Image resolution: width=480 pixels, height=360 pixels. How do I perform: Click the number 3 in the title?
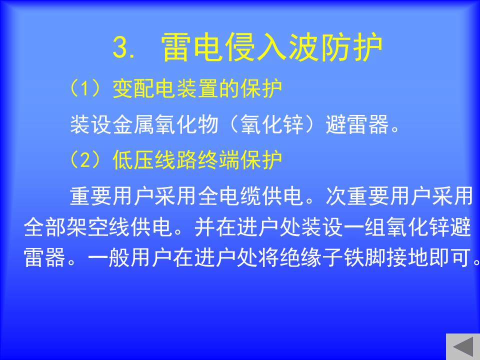pyautogui.click(x=121, y=47)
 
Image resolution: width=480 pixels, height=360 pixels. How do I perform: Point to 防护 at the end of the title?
pyautogui.click(x=351, y=47)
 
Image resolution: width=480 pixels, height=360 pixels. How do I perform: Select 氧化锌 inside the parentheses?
pyautogui.click(x=272, y=124)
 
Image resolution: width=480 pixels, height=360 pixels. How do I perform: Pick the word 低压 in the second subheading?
pyautogui.click(x=134, y=160)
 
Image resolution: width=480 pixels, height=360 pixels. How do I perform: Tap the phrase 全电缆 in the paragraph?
pyautogui.click(x=230, y=196)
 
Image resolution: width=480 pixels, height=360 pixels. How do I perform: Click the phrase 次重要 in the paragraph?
pyautogui.click(x=358, y=196)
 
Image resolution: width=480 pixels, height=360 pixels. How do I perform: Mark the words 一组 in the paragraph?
pyautogui.click(x=364, y=227)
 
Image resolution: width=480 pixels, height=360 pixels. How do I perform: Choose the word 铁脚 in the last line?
pyautogui.click(x=364, y=257)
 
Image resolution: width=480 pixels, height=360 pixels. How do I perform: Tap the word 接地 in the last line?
pyautogui.click(x=407, y=257)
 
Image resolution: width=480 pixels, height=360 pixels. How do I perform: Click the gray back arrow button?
pyautogui.click(x=463, y=347)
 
